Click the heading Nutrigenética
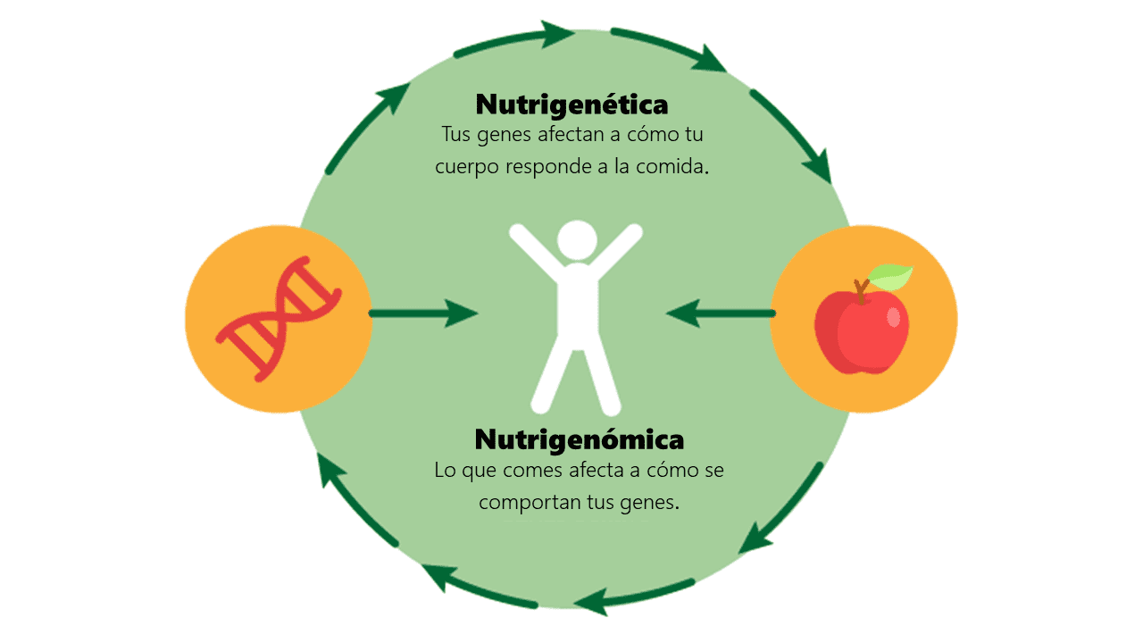[x=571, y=104]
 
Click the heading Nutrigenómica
[x=579, y=439]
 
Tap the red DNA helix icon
[x=279, y=319]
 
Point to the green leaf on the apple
[x=891, y=277]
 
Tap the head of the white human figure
[x=576, y=239]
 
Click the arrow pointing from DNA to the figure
[x=423, y=313]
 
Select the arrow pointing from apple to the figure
[x=720, y=313]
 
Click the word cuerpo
[x=464, y=168]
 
